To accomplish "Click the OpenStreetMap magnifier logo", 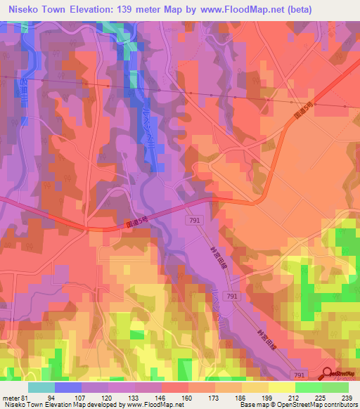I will [328, 375].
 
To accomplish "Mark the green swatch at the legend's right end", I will [335, 388].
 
